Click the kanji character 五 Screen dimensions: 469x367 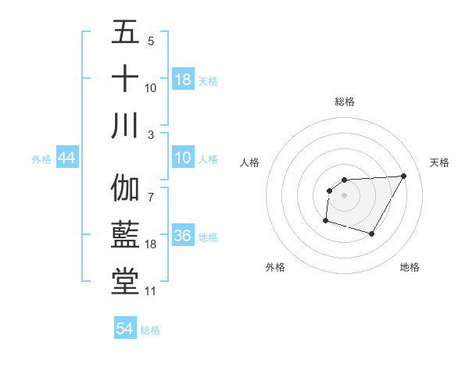(125, 33)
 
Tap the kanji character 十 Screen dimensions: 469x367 (125, 80)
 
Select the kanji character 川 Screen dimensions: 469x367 (125, 126)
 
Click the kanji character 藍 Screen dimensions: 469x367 (125, 236)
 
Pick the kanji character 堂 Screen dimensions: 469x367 (125, 283)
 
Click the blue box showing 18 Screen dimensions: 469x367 (183, 80)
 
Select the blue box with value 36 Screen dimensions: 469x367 (183, 237)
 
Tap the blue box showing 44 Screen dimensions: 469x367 (67, 159)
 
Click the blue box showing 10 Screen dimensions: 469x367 (183, 159)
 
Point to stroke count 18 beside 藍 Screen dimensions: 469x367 (151, 244)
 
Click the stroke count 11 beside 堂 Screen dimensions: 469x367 (151, 291)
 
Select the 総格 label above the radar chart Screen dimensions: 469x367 (345, 102)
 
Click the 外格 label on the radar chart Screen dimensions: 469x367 (275, 267)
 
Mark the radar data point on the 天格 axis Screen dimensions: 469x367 (403, 176)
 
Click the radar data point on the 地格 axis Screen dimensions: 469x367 (372, 234)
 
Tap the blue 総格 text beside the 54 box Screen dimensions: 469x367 (150, 330)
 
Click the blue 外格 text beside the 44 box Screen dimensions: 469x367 (41, 159)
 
